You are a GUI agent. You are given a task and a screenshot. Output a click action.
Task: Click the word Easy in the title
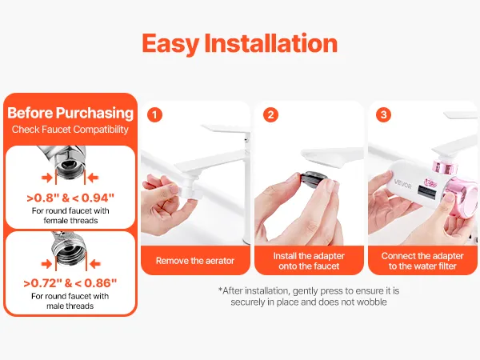[x=170, y=44]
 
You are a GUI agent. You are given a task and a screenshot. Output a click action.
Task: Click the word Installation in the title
[x=271, y=43]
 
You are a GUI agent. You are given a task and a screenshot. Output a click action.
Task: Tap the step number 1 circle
[x=154, y=114]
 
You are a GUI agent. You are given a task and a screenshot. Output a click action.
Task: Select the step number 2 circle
[x=270, y=114]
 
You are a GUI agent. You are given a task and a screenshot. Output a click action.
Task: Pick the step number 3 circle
[x=383, y=114]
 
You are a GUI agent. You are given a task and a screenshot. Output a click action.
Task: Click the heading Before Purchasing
[x=70, y=113]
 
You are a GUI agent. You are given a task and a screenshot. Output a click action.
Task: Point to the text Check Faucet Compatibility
[x=70, y=130]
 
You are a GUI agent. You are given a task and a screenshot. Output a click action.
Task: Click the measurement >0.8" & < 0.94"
[x=70, y=198]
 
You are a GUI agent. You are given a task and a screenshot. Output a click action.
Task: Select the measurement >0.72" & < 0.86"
[x=70, y=283]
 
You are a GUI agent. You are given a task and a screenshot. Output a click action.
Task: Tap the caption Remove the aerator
[x=195, y=261]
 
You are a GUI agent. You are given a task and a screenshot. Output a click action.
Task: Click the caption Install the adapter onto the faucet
[x=309, y=261]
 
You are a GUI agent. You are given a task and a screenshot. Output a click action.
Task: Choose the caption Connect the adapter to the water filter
[x=422, y=261]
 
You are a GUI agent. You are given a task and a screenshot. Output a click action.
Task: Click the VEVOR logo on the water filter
[x=403, y=184]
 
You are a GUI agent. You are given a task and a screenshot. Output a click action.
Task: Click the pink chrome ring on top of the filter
[x=446, y=166]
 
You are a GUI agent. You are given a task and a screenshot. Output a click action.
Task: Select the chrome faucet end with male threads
[x=70, y=247]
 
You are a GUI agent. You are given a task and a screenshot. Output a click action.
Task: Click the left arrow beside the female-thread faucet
[x=47, y=178]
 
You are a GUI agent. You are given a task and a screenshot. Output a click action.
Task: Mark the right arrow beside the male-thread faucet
[x=95, y=264]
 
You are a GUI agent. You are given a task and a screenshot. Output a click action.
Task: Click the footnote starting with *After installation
[x=309, y=296]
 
